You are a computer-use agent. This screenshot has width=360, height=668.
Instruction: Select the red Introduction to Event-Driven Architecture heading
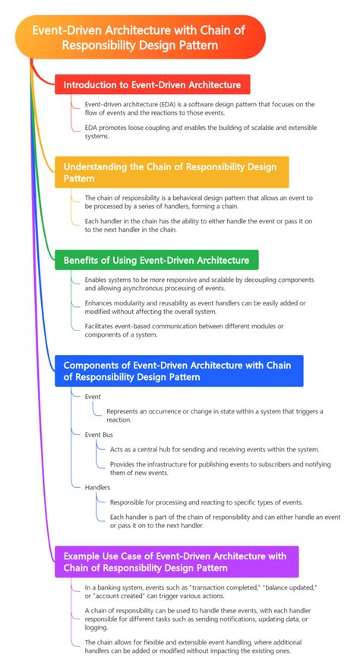click(x=153, y=84)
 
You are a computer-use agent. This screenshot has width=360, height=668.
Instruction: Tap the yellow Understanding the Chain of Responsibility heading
click(x=170, y=172)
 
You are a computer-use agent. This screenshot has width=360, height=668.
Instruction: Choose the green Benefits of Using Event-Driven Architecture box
click(x=156, y=261)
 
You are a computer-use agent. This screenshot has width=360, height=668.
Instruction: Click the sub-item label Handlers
click(x=99, y=487)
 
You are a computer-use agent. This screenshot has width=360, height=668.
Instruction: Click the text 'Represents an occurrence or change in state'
click(x=214, y=415)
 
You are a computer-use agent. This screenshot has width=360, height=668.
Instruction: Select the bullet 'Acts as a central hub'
click(x=214, y=449)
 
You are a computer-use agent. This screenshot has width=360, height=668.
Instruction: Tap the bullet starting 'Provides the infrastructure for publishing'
click(x=220, y=467)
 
